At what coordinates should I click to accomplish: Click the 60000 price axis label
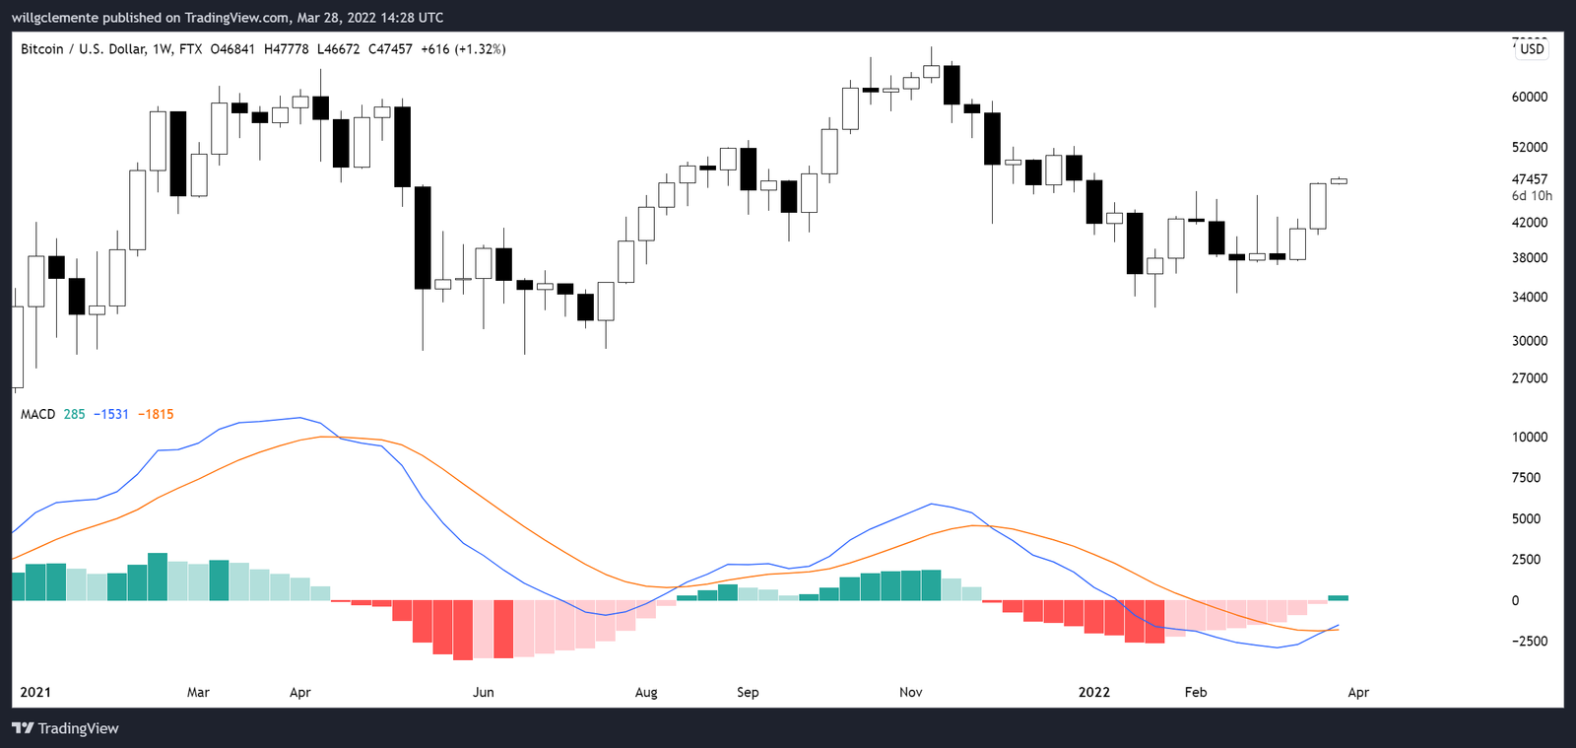point(1529,97)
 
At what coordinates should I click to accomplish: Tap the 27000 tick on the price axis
point(1529,378)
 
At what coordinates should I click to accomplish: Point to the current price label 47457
point(1529,179)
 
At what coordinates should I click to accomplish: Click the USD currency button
point(1532,49)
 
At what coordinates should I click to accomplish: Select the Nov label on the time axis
point(911,692)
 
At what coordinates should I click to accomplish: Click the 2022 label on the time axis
point(1093,692)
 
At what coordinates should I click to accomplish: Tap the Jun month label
point(483,692)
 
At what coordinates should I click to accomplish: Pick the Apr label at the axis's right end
point(1358,692)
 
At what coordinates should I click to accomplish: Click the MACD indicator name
point(37,414)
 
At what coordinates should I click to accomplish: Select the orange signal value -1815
point(156,414)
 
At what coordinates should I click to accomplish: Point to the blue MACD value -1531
point(111,414)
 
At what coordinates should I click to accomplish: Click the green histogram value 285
point(74,414)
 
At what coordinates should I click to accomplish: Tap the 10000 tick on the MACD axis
point(1529,437)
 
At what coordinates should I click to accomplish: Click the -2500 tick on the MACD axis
point(1529,641)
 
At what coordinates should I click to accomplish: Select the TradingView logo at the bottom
point(65,728)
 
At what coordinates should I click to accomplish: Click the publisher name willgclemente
point(55,18)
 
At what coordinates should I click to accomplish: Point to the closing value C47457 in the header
point(390,49)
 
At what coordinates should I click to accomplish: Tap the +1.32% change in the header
point(480,49)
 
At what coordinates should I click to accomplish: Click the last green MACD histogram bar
point(1338,598)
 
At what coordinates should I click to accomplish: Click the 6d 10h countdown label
point(1532,196)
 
